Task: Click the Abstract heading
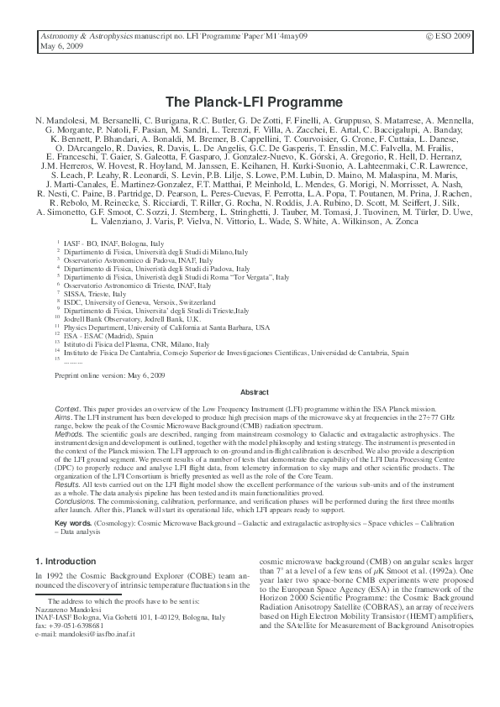pyautogui.click(x=255, y=391)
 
